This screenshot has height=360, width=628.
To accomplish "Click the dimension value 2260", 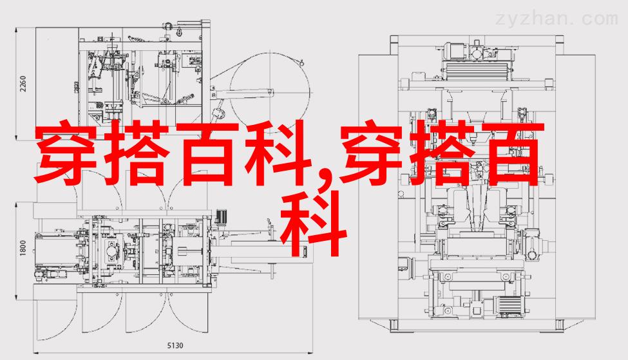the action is pyautogui.click(x=23, y=84).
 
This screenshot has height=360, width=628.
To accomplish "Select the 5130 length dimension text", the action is pyautogui.click(x=175, y=346).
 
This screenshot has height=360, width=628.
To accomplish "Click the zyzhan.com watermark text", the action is pyautogui.click(x=557, y=19).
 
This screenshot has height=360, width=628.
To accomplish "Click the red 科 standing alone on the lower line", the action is pyautogui.click(x=313, y=224).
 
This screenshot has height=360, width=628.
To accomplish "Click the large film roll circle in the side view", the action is pyautogui.click(x=271, y=92).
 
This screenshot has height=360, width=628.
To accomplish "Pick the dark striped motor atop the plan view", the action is pyautogui.click(x=221, y=218).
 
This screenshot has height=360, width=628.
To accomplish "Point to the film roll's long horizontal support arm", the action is pyautogui.click(x=243, y=93).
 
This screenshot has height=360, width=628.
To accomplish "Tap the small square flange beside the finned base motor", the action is pyautogui.click(x=477, y=308).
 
